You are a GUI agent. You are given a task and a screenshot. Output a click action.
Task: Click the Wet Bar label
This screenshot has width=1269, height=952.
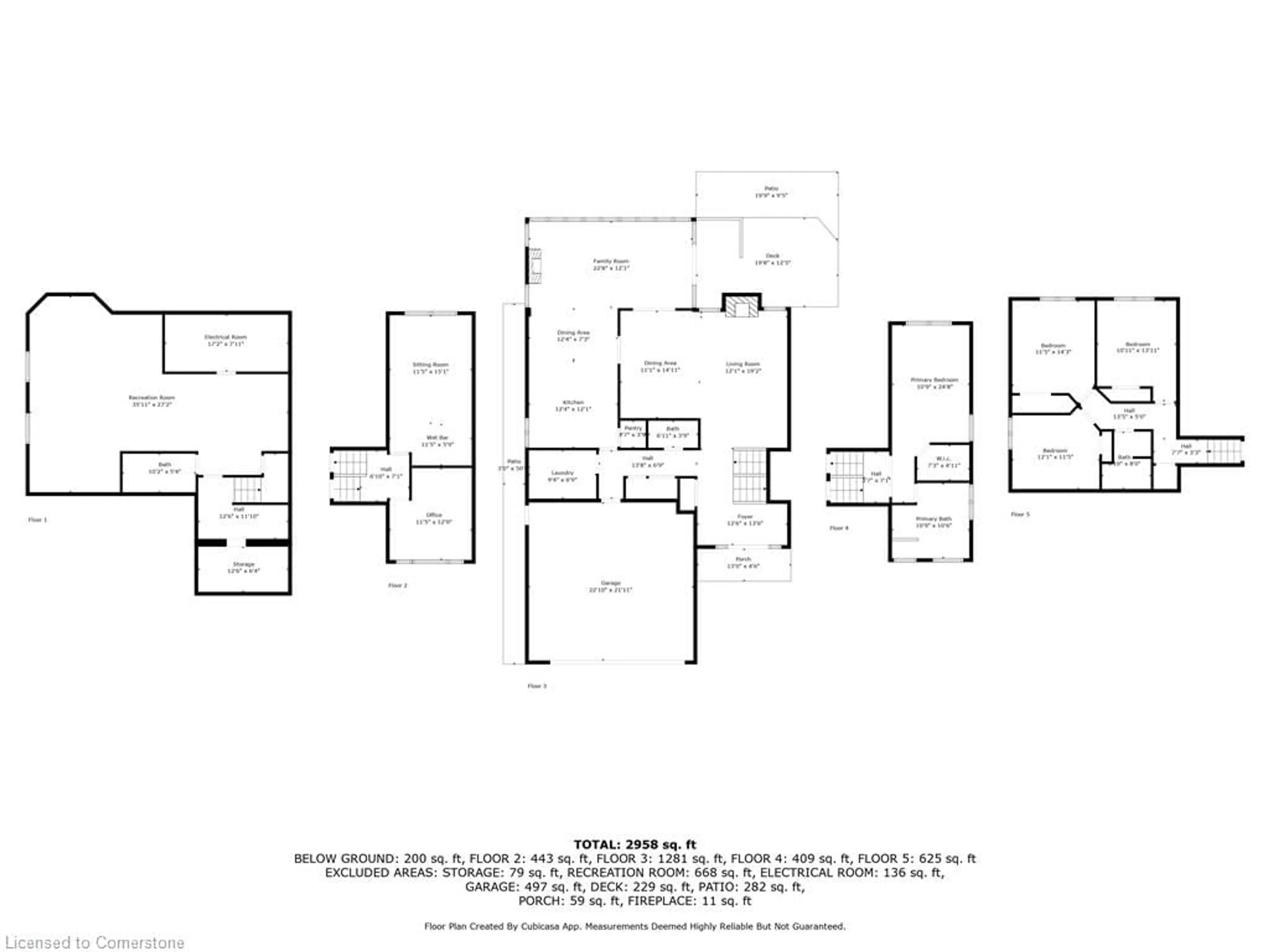[437, 441]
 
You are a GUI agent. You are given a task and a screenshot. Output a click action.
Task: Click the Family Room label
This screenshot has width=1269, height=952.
[611, 264]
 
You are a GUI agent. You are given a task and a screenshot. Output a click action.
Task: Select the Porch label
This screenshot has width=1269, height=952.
[743, 562]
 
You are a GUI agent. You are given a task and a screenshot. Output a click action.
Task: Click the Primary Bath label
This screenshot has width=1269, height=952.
[933, 522]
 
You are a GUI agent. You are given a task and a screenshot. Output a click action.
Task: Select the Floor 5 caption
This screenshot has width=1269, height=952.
[1020, 514]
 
